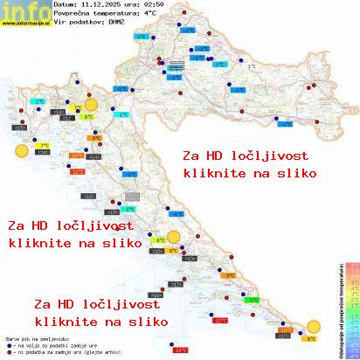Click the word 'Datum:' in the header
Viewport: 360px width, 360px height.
[65, 5]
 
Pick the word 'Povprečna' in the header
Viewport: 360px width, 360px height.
[70, 14]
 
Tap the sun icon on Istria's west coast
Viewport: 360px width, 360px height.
[20, 151]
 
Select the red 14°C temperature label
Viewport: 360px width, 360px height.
[181, 350]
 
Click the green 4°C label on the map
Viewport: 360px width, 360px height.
[160, 239]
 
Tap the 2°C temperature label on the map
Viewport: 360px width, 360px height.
[129, 210]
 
